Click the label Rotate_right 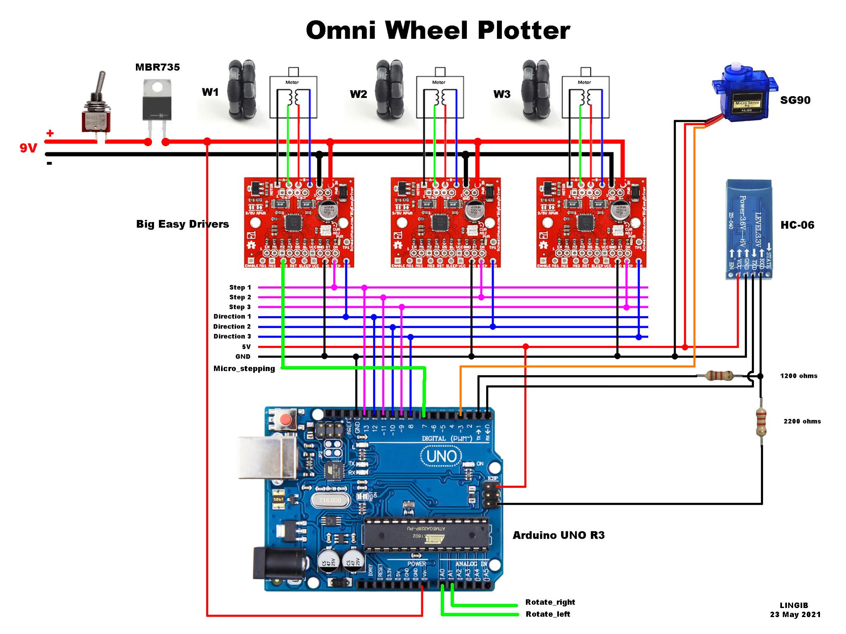(550, 602)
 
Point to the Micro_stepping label (244, 369)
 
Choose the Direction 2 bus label (232, 326)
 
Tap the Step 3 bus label (240, 307)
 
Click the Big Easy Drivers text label (182, 224)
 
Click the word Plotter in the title (523, 31)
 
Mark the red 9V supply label (29, 148)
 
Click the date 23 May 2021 (795, 626)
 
